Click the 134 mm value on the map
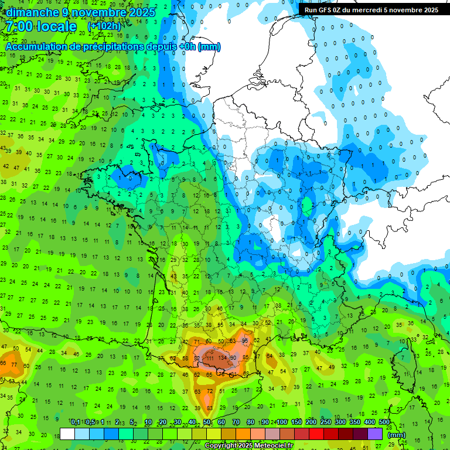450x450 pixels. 222,358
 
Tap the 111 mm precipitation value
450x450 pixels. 209,358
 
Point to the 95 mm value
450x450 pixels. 245,341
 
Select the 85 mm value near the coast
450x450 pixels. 246,358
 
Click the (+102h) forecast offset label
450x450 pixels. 105,27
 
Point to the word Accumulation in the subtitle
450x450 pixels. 35,47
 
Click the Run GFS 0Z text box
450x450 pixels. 371,10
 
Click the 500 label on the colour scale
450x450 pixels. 384,422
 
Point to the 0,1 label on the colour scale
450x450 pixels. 76,422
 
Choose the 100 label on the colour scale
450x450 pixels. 282,422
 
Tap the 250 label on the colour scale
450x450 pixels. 326,422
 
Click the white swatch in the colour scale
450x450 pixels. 67,434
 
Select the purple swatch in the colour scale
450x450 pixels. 375,434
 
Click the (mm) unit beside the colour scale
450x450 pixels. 397,435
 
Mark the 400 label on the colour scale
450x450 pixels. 370,422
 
